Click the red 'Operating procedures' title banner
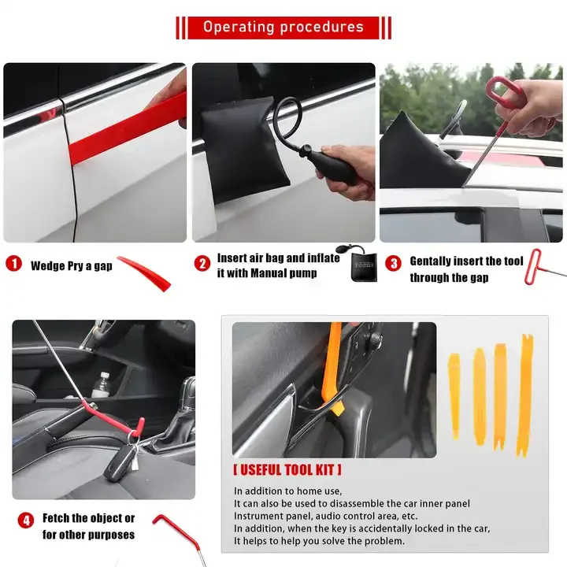(283, 27)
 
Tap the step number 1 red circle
(14, 265)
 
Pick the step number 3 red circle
(393, 263)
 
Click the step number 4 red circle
(26, 521)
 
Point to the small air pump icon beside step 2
(361, 269)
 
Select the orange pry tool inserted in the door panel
(333, 370)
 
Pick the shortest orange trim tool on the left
(454, 394)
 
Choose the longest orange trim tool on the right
(524, 394)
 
